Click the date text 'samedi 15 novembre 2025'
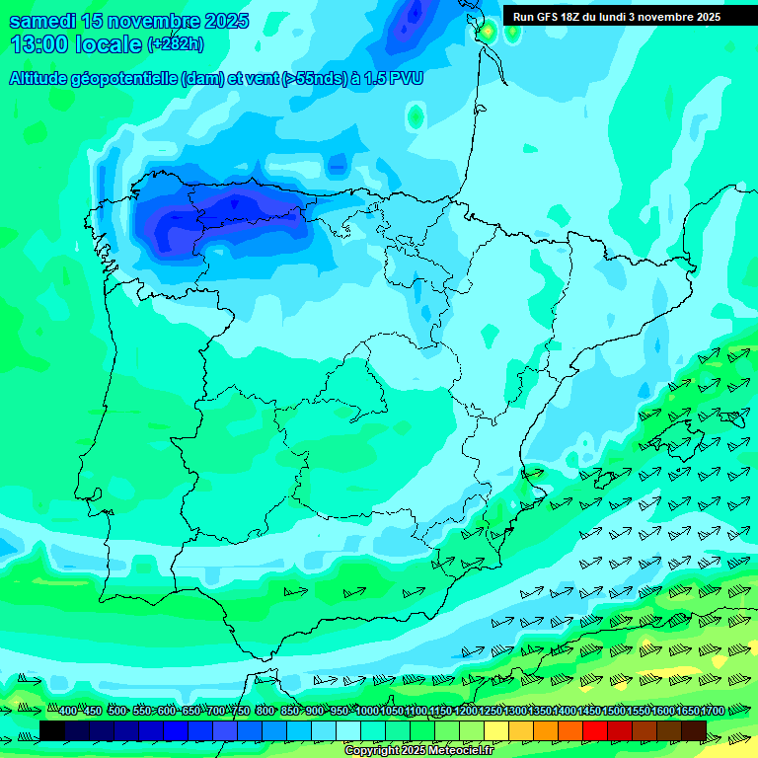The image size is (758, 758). click(x=128, y=21)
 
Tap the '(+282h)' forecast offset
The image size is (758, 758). click(x=175, y=44)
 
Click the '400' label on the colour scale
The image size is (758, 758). click(x=67, y=711)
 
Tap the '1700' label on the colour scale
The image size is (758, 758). click(x=713, y=711)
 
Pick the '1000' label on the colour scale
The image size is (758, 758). click(x=367, y=711)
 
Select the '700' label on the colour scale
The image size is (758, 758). click(x=215, y=711)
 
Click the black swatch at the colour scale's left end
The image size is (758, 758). click(x=52, y=730)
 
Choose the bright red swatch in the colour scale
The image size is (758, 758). click(x=595, y=730)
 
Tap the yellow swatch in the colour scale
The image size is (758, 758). click(x=496, y=730)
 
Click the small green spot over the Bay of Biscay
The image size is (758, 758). click(x=416, y=117)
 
